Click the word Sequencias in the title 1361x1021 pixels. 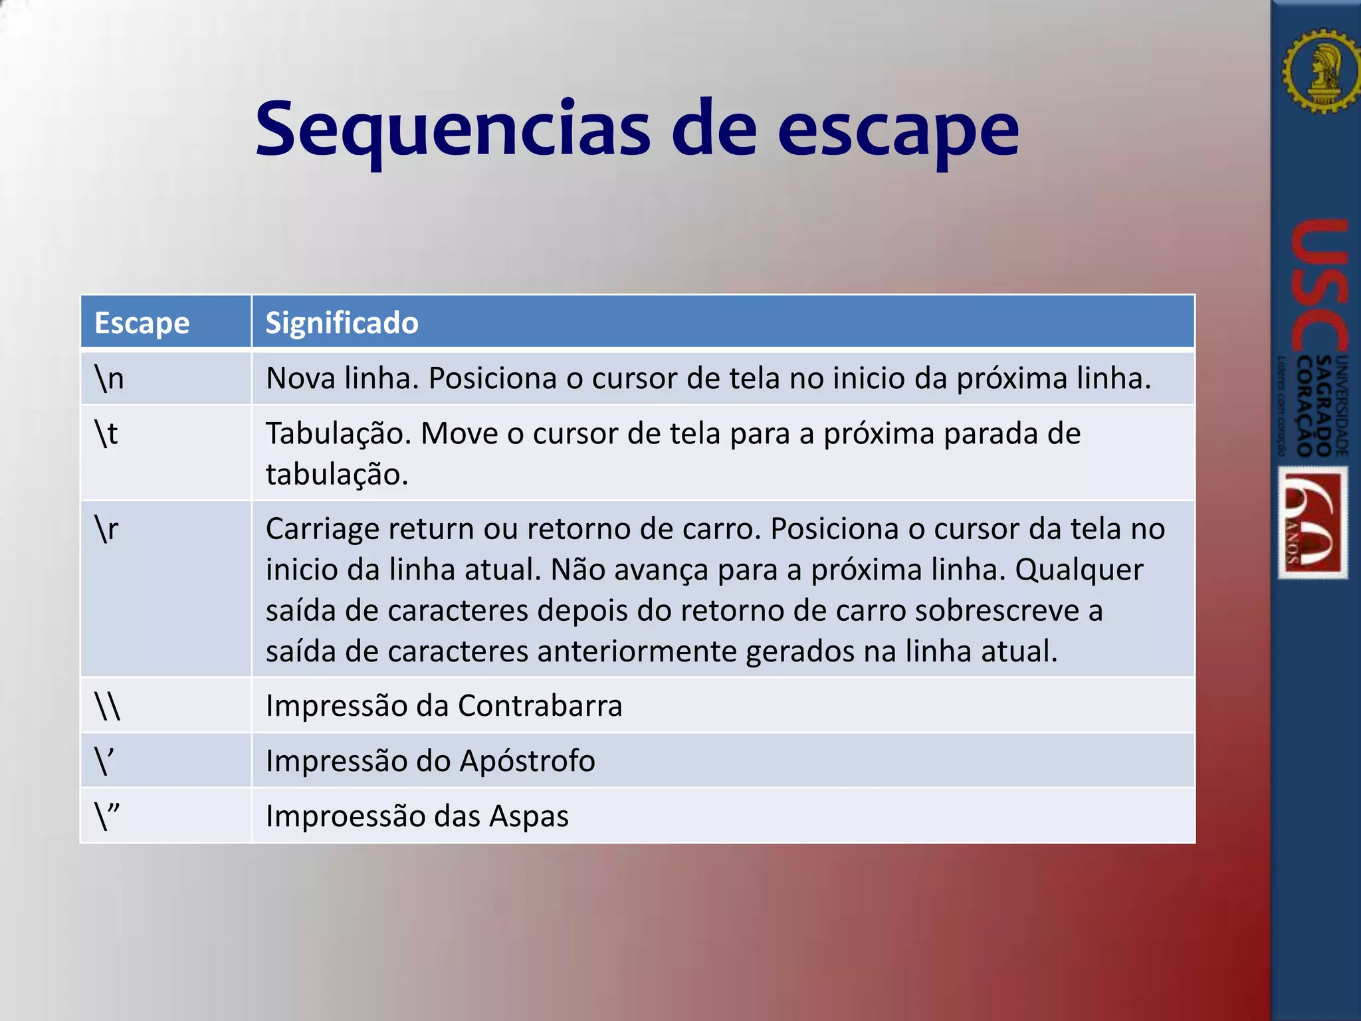pos(452,130)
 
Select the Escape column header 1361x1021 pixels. pos(142,323)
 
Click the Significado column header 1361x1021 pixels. pos(342,323)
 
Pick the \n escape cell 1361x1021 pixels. pos(110,378)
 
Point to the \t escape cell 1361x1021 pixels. pos(106,433)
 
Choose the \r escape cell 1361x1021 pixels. pos(107,529)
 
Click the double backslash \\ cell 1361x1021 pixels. pos(108,706)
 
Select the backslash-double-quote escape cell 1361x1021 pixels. pos(108,816)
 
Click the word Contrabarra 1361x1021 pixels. pos(540,706)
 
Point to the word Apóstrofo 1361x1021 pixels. pos(527,761)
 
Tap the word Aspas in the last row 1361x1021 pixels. pos(528,816)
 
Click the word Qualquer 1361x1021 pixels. pos(1079,570)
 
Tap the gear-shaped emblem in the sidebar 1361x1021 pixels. pos(1320,70)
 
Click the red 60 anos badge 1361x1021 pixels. pos(1313,522)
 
